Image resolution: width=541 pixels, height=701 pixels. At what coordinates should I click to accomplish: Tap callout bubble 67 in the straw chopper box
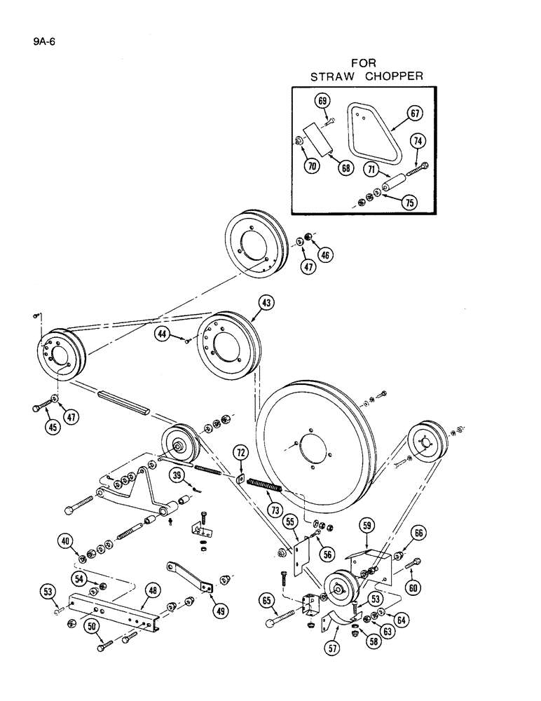[415, 114]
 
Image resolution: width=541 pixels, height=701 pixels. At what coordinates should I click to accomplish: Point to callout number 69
[322, 102]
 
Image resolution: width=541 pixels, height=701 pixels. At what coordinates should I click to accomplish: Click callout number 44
[163, 336]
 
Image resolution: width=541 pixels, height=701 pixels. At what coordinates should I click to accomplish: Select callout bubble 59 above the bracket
[367, 524]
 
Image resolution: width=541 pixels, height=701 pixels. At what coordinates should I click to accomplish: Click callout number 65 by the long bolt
[267, 599]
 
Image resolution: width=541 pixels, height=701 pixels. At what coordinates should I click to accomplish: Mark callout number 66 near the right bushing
[418, 533]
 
